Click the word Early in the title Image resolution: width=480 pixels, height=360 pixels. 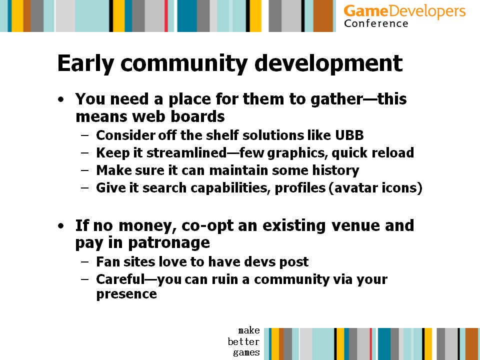pyautogui.click(x=85, y=64)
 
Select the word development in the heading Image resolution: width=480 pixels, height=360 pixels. pyautogui.click(x=328, y=63)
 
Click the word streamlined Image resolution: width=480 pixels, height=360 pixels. pyautogui.click(x=186, y=153)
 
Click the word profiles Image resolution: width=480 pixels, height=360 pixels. pyautogui.click(x=300, y=188)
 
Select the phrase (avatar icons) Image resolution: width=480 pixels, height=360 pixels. pyautogui.click(x=375, y=188)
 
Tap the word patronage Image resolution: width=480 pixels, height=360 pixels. pyautogui.click(x=168, y=243)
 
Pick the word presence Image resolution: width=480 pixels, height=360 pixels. pyautogui.click(x=126, y=294)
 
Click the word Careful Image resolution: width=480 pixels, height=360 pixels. pyautogui.click(x=120, y=279)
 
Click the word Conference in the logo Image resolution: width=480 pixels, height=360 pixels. pyautogui.click(x=376, y=23)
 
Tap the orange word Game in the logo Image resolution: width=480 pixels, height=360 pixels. pyautogui.click(x=366, y=11)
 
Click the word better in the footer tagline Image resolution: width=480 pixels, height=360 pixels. pyautogui.click(x=243, y=341)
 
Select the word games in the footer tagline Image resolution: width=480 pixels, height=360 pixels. pyautogui.click(x=246, y=352)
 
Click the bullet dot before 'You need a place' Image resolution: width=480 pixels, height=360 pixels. pyautogui.click(x=61, y=100)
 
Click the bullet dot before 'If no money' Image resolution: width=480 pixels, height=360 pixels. pyautogui.click(x=61, y=226)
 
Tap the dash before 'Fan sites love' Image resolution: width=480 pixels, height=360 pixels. pyautogui.click(x=85, y=261)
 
